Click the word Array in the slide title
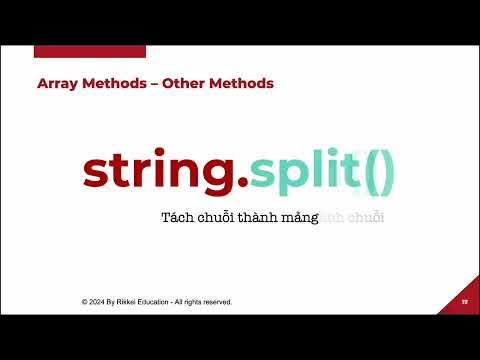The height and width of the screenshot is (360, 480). tap(55, 84)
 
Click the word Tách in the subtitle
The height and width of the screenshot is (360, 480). tap(177, 217)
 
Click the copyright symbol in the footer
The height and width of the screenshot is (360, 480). tap(85, 301)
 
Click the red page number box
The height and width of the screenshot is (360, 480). tap(464, 301)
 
